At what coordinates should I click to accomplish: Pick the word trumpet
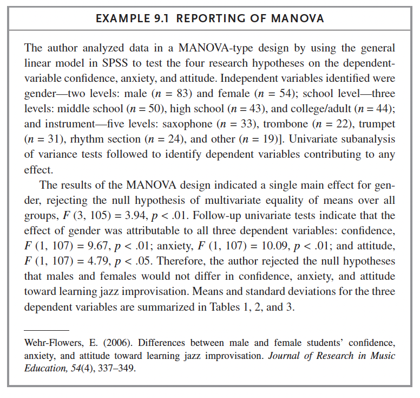(x=377, y=123)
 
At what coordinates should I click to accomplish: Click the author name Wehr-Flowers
(x=52, y=343)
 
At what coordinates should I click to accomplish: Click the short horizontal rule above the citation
(x=47, y=330)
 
